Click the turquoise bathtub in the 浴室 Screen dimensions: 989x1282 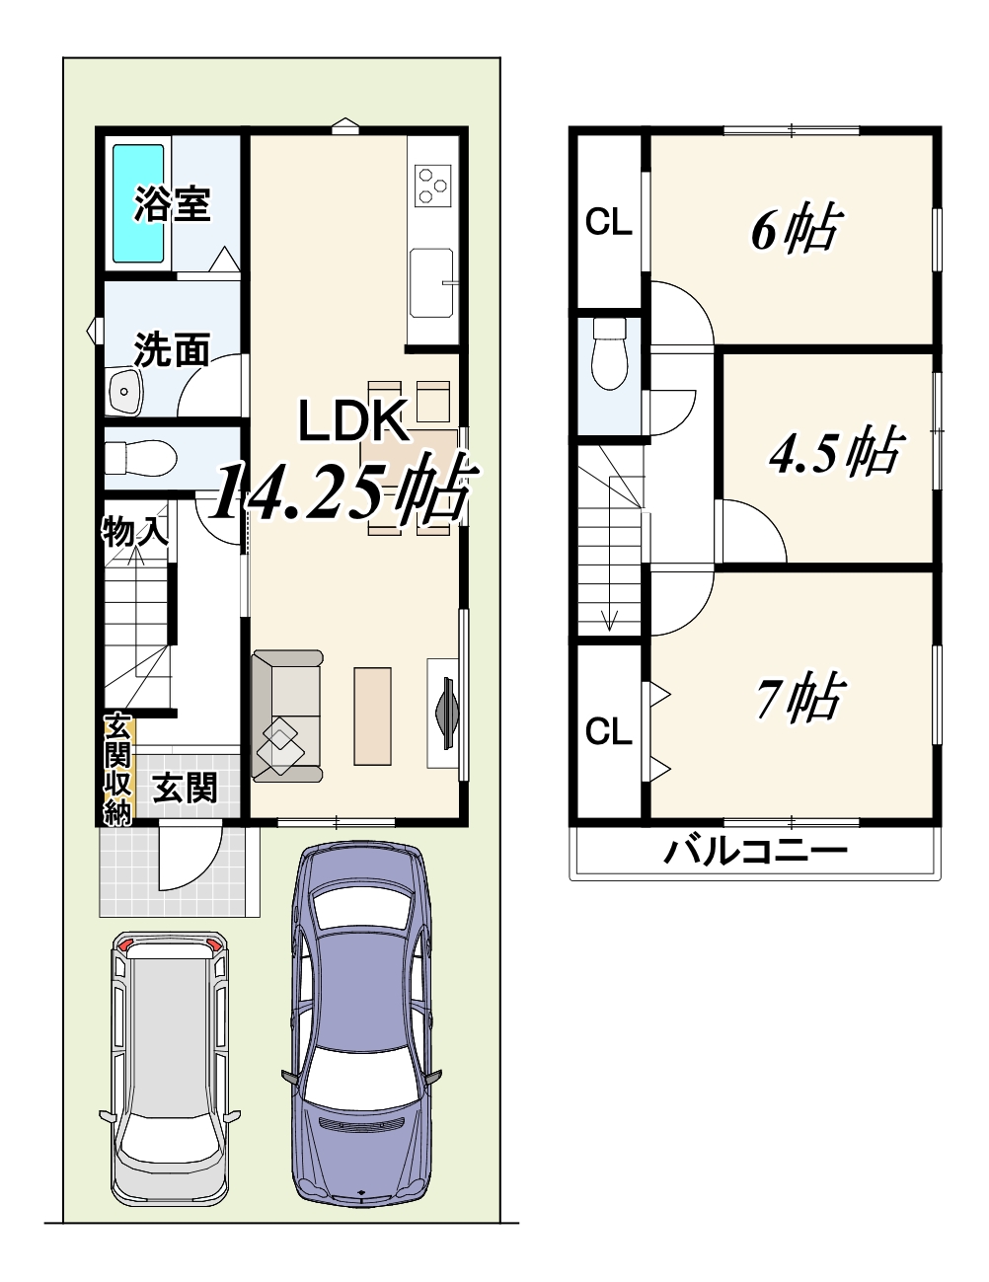tap(138, 203)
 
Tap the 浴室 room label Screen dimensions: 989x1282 tap(172, 204)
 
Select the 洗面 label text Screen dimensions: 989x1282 tap(172, 349)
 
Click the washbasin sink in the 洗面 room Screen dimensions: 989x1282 tap(125, 390)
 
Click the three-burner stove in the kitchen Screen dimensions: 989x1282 tap(433, 186)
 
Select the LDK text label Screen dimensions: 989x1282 tap(353, 419)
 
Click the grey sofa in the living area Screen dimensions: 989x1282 tap(286, 716)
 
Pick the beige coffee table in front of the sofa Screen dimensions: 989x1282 tap(372, 716)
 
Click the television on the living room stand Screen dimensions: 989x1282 tap(446, 715)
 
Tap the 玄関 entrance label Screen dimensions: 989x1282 tap(185, 788)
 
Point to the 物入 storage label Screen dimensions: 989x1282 tap(135, 531)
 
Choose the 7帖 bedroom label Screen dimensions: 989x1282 tap(799, 698)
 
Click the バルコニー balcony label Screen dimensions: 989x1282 tap(755, 852)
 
